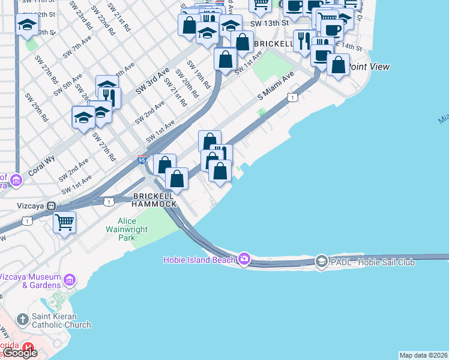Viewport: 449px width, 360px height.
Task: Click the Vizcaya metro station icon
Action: (52, 205)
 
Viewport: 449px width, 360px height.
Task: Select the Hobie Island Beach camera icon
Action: (244, 259)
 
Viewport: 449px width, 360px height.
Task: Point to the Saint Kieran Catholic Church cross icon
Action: (22, 319)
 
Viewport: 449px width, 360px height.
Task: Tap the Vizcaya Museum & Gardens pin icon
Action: (70, 280)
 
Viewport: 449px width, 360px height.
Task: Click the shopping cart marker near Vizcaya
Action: (64, 222)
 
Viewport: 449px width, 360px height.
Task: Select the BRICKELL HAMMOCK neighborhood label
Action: (155, 200)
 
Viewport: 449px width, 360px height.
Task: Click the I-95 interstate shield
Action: (142, 160)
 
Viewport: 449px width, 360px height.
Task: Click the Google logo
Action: (20, 353)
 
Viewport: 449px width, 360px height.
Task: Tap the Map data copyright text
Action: (423, 355)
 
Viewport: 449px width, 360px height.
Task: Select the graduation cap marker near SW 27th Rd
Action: (83, 117)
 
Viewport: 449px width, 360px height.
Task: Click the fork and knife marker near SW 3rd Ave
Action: (110, 97)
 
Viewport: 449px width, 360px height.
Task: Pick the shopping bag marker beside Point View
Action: (339, 65)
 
